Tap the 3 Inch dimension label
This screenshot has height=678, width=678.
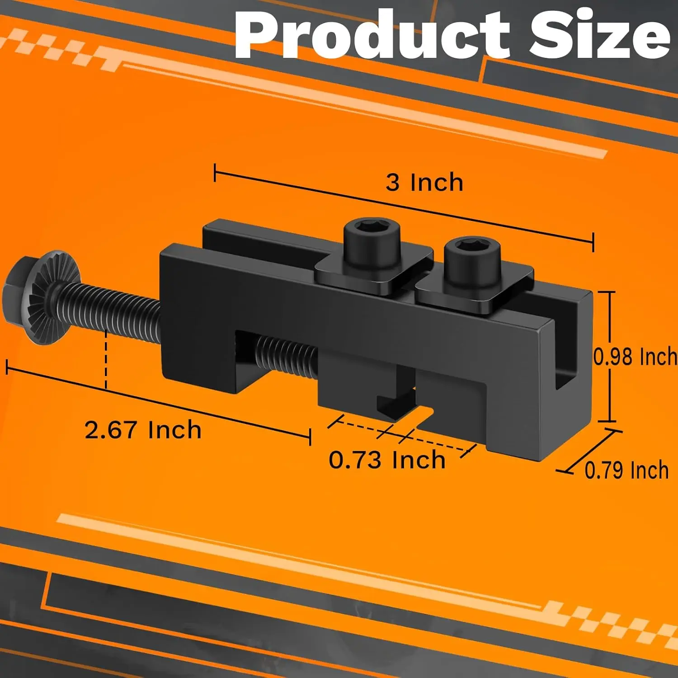(424, 183)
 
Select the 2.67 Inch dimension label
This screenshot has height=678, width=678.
(143, 429)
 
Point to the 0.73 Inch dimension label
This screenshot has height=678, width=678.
(387, 460)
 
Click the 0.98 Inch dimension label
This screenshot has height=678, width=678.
(636, 357)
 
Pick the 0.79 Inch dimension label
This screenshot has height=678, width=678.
(626, 470)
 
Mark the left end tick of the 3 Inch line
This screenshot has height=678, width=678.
(215, 172)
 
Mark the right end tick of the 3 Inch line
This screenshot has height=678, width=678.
(593, 242)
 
